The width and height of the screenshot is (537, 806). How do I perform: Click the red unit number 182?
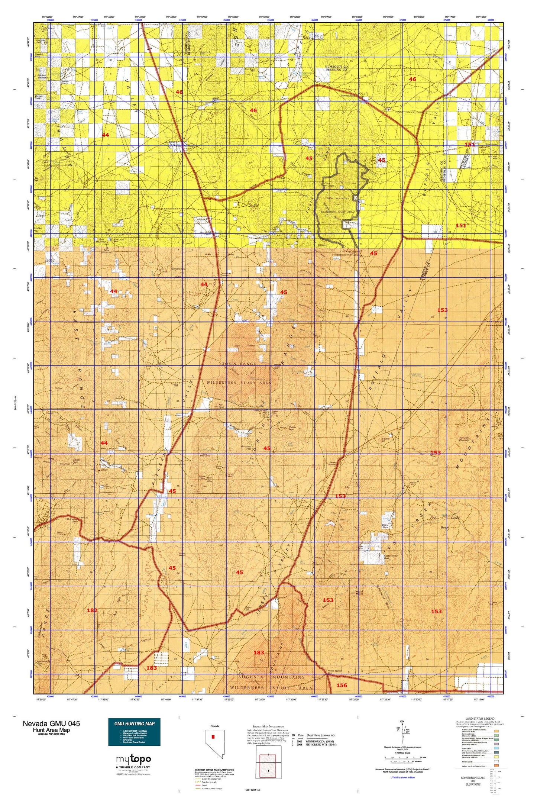click(x=92, y=620)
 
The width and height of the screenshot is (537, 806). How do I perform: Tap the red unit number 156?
click(x=342, y=685)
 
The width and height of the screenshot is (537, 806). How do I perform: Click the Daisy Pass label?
click(x=376, y=526)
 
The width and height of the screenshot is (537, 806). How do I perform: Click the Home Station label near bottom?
click(x=335, y=671)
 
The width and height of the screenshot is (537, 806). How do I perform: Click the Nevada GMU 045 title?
click(x=51, y=723)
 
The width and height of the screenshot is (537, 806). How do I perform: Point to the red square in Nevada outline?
click(x=213, y=736)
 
